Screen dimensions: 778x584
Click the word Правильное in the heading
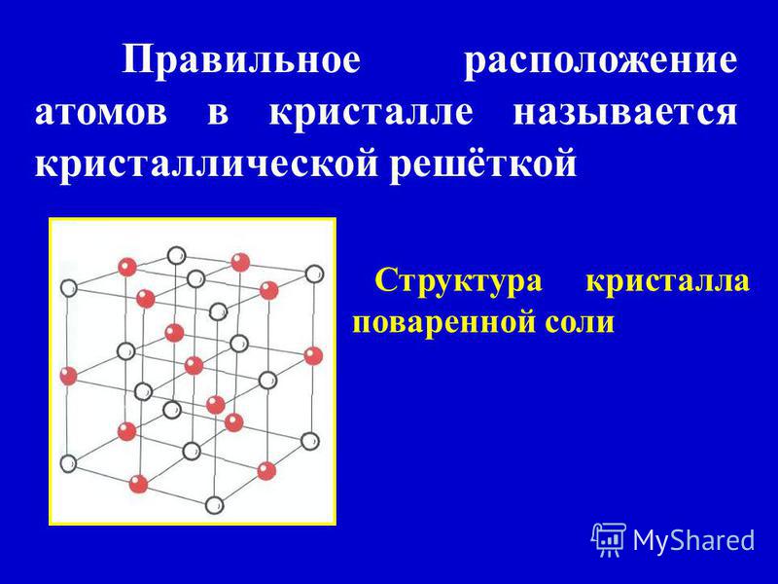point(240,60)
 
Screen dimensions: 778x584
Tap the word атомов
point(101,112)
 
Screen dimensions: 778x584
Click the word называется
point(624,113)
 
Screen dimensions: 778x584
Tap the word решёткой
point(482,162)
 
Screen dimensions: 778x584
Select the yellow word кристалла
point(667,281)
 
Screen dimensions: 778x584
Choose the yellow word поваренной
point(443,324)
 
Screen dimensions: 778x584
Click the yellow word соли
point(580,323)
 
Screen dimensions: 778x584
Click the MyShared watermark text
point(693,539)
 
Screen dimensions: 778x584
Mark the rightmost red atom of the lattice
point(313,356)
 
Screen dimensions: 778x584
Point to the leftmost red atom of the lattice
point(68,376)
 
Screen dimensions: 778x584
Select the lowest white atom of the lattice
point(214,505)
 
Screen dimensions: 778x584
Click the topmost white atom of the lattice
point(176,256)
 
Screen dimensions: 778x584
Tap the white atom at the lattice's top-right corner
point(314,274)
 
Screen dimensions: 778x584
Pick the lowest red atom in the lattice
point(138,484)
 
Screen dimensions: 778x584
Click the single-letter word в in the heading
point(218,113)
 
